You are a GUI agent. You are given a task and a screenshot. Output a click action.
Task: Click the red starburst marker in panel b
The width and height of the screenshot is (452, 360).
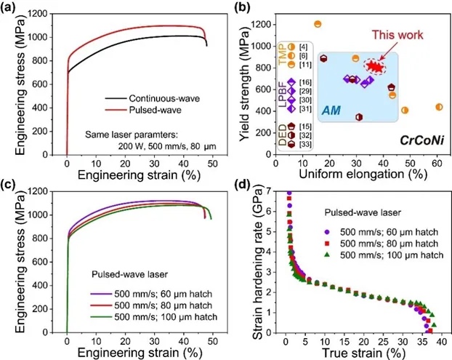376,67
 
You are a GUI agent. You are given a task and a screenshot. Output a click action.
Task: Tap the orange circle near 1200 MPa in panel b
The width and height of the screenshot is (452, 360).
318,24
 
